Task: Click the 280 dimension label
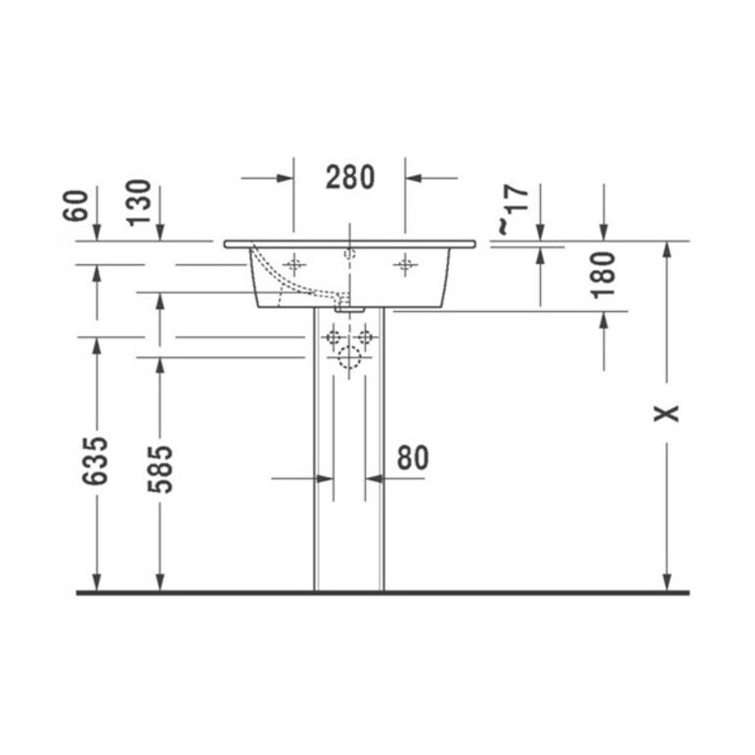(350, 177)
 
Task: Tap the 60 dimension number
(76, 205)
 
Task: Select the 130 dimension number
(139, 202)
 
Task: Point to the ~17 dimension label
(513, 209)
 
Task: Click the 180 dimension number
(603, 275)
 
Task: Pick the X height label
(666, 413)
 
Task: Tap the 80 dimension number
(413, 458)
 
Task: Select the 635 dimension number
(95, 462)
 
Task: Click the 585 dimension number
(159, 469)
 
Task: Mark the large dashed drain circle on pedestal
(349, 358)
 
